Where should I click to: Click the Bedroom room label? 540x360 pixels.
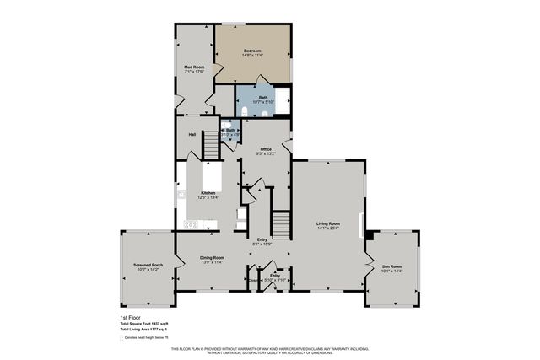click(x=252, y=52)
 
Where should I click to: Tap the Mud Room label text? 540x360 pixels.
click(x=195, y=67)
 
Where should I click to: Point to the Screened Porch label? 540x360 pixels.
click(x=147, y=266)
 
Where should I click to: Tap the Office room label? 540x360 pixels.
click(x=265, y=148)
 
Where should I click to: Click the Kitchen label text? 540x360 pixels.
click(x=208, y=193)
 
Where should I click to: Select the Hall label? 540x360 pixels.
click(x=192, y=134)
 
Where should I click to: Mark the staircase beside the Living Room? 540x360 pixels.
click(x=280, y=224)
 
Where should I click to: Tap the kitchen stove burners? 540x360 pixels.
click(x=191, y=224)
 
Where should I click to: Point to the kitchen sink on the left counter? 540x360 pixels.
click(x=181, y=195)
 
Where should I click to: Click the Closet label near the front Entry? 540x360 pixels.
click(x=253, y=280)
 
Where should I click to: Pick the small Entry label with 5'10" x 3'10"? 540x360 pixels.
click(x=276, y=275)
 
